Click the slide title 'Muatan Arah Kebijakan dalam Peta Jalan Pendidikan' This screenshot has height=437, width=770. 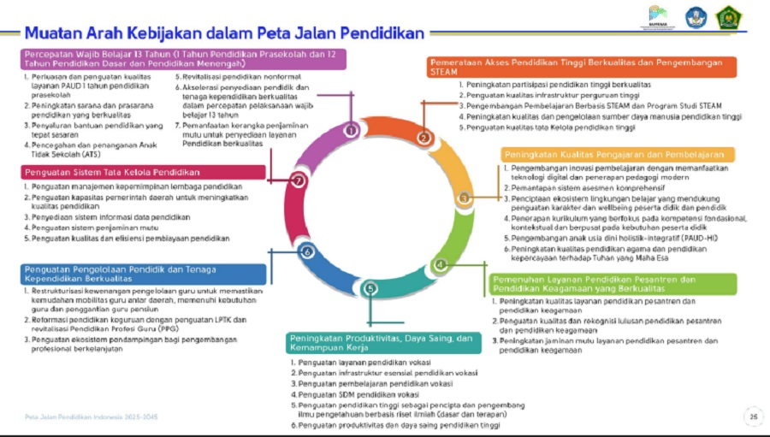coord(224,33)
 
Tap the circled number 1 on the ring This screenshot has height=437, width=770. coord(350,130)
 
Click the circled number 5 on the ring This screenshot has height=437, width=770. coord(370,289)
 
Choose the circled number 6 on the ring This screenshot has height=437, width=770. coord(306,251)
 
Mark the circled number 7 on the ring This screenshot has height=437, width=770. coord(298,180)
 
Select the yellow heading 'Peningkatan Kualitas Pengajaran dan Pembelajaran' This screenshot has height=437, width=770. coord(618,154)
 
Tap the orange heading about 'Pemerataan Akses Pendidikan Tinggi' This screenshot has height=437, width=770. coord(581,67)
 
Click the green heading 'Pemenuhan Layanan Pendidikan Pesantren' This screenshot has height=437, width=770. coord(613,285)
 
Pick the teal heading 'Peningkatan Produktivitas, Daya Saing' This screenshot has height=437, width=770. coord(381,344)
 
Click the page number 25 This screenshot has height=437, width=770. coord(753,417)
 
